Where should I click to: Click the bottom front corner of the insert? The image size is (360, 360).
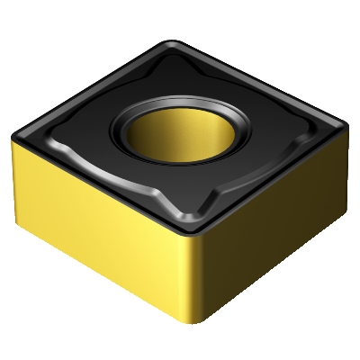pos(199,340)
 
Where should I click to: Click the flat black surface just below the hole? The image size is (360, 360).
pos(189,193)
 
